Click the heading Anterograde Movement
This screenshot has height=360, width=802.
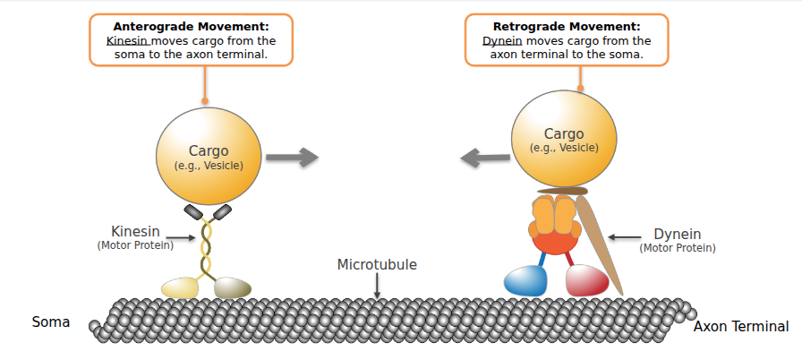(192, 27)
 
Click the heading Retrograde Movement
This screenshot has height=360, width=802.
(567, 27)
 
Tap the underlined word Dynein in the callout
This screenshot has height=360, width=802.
(502, 40)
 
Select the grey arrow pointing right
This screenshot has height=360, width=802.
(292, 158)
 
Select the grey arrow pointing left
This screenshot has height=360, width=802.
(484, 159)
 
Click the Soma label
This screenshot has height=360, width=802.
(51, 321)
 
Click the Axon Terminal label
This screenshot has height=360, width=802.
(741, 326)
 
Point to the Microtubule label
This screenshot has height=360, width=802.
(377, 264)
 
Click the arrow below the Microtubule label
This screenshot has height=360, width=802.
(377, 286)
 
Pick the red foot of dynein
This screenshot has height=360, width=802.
(587, 279)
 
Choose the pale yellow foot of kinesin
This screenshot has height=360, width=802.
(180, 287)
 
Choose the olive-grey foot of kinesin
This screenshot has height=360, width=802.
(233, 287)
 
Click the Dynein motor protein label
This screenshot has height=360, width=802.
(678, 238)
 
